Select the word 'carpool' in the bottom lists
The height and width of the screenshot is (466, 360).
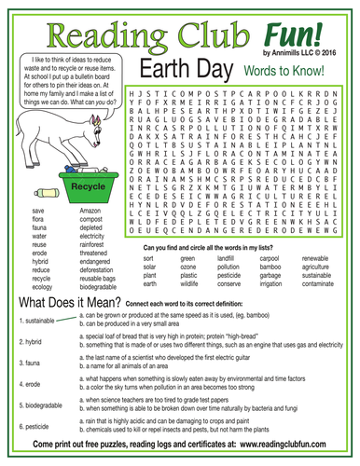click(x=269, y=257)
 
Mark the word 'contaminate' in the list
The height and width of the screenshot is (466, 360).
click(x=321, y=285)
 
